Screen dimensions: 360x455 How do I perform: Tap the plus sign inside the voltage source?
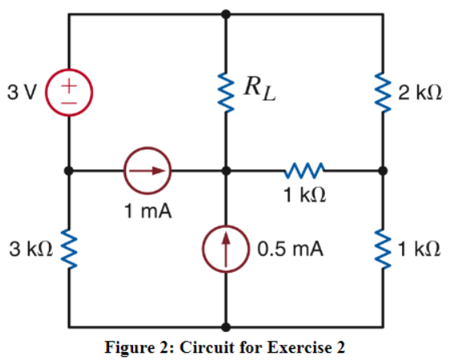pyautogui.click(x=70, y=83)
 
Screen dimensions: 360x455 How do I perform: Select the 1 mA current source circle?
pyautogui.click(x=147, y=171)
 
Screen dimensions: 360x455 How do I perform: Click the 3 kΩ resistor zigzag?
pyautogui.click(x=70, y=249)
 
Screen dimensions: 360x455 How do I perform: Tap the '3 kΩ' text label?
pyautogui.click(x=28, y=249)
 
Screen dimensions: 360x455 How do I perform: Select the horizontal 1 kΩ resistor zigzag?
pyautogui.click(x=305, y=171)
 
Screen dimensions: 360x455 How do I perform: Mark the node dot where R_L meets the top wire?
pyautogui.click(x=227, y=14)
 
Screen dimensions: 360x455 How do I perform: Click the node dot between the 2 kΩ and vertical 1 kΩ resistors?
pyautogui.click(x=384, y=171)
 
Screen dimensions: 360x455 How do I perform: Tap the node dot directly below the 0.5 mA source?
pyautogui.click(x=227, y=327)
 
